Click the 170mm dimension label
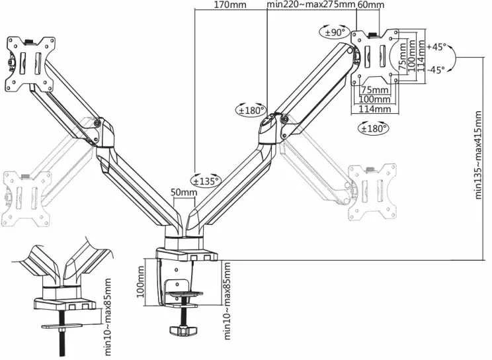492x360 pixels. pos(230,5)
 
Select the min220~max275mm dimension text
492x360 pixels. pos(311,5)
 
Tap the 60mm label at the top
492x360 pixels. pos(371,5)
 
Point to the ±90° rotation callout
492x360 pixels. pos(335,32)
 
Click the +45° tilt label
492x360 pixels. pos(436,47)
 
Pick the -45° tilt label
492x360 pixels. pos(436,69)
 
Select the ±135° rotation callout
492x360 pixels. pos(206,180)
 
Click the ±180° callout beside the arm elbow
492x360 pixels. pos(251,110)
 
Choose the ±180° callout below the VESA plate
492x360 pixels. pos(374,128)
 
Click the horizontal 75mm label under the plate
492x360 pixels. pos(375,90)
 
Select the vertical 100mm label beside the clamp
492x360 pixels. pos(140,282)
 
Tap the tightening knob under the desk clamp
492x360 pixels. pos(183,330)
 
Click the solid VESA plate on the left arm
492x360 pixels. pos(30,65)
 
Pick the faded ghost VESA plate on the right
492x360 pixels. pos(372,192)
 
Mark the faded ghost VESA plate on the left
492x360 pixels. pos(26,199)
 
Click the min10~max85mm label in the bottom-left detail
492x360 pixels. pos(108,316)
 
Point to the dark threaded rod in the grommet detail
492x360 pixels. pos(62,335)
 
